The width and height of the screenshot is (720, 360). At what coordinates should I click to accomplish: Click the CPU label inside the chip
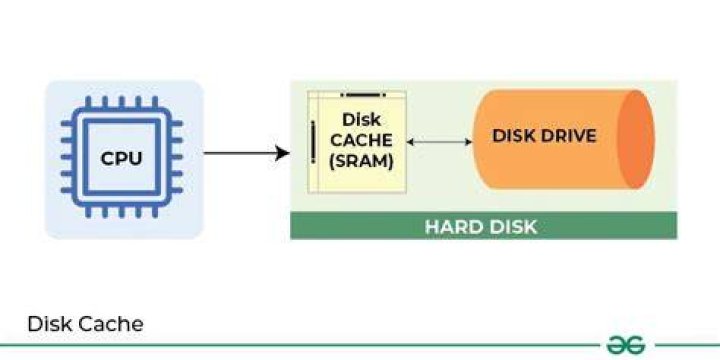(121, 158)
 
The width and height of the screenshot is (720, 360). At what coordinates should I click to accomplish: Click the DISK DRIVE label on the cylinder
(544, 135)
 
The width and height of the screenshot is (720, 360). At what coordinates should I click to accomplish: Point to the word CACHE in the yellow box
(361, 140)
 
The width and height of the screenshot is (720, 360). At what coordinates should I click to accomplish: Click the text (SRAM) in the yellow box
(361, 161)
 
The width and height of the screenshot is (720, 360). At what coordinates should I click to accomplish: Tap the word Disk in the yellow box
(361, 119)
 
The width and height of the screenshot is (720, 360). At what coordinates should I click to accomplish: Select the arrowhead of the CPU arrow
(282, 153)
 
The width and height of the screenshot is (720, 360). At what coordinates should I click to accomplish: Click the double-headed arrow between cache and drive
(439, 142)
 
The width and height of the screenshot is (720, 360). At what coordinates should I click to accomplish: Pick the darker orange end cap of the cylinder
(636, 139)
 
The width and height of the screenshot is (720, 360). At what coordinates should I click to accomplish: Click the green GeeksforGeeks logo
(626, 345)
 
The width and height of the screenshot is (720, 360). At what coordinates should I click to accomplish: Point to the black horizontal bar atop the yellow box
(363, 95)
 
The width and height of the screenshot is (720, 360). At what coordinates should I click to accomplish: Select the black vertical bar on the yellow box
(313, 142)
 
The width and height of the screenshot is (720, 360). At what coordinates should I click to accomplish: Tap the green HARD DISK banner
(484, 225)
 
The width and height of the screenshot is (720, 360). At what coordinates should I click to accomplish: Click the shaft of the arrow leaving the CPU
(240, 153)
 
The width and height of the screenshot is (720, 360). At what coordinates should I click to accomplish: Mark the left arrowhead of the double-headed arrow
(410, 142)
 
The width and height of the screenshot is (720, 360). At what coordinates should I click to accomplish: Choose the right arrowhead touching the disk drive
(469, 142)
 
